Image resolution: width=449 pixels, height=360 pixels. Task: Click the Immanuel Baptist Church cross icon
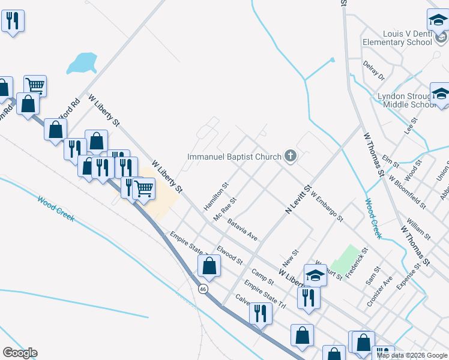coord(291,157)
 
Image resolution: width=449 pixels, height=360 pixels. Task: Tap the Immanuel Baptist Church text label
coord(234,157)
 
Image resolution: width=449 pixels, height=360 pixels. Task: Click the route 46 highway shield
coord(203,289)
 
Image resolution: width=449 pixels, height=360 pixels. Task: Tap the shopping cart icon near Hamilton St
coord(143,188)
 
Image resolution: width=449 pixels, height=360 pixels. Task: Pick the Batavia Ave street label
coord(243,230)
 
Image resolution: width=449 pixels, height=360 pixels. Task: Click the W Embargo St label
coord(327,207)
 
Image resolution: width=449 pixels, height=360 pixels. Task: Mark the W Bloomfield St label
coord(408,191)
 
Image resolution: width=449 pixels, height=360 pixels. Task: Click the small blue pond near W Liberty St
coord(82,63)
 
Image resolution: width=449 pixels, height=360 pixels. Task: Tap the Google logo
coord(20,353)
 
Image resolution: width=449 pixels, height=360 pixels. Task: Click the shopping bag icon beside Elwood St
coord(209,266)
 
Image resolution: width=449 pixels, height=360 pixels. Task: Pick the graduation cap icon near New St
coord(315,275)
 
